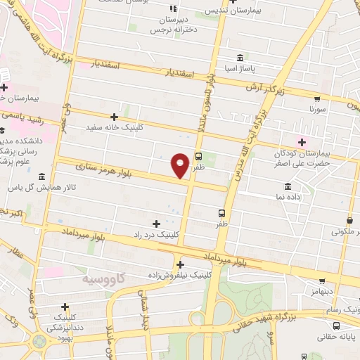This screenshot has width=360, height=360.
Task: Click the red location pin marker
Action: (181, 165)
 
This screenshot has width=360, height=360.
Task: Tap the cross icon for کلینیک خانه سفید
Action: (114, 117)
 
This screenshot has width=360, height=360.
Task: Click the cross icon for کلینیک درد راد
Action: (156, 224)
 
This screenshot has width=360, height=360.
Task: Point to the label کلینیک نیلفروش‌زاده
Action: (181, 276)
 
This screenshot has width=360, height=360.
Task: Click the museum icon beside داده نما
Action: (288, 186)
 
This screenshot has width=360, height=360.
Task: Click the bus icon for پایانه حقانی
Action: (337, 326)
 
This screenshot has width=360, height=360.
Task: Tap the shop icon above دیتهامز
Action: (322, 281)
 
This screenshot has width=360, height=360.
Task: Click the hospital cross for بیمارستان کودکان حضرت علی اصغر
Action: (302, 142)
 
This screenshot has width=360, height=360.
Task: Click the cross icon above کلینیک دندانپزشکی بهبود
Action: (65, 307)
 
